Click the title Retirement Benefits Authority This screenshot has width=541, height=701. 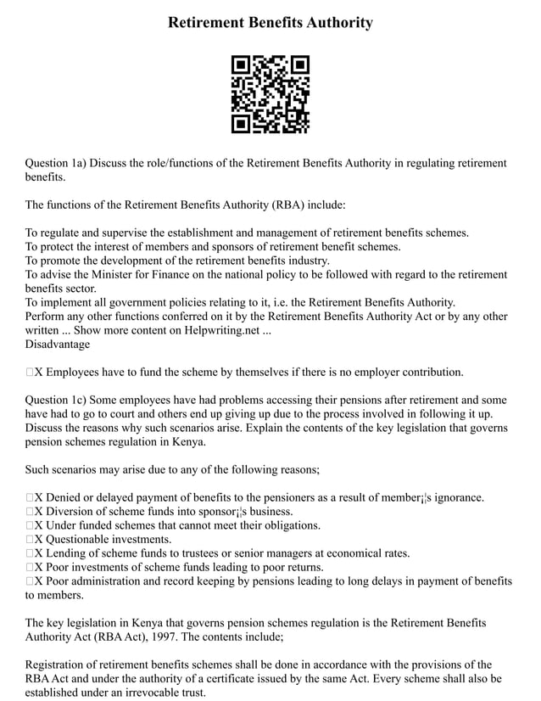[x=270, y=23]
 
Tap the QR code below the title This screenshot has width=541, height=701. [x=270, y=94]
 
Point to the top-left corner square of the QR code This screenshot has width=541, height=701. [x=241, y=65]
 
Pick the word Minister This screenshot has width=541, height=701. [x=106, y=274]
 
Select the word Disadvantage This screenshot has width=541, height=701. [x=57, y=344]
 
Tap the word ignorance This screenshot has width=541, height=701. [x=455, y=497]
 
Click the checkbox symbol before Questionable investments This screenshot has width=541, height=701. [x=30, y=539]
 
